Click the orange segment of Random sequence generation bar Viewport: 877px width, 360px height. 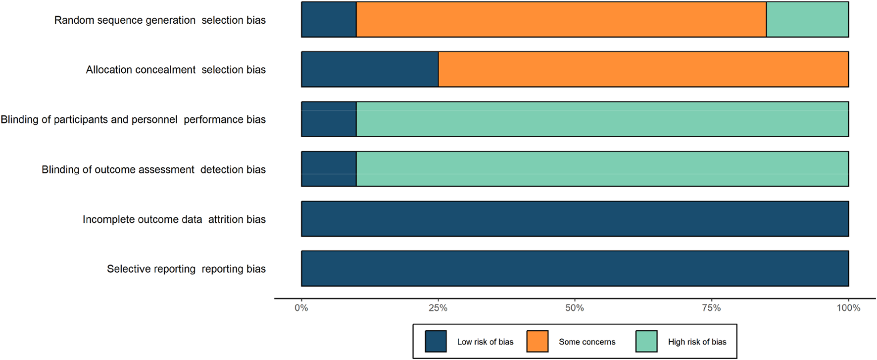coord(561,20)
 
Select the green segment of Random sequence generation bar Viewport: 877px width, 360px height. coord(807,20)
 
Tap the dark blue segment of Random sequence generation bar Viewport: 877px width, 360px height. coord(329,20)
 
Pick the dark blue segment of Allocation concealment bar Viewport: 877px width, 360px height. coord(370,69)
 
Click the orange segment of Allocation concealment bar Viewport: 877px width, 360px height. coord(643,69)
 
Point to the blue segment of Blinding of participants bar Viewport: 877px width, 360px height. coord(329,119)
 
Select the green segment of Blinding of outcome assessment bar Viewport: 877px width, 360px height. coord(602,169)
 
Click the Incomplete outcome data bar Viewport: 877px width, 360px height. coord(575,219)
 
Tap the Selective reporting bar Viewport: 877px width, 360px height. coord(575,268)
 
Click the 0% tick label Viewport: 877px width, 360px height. coord(301,308)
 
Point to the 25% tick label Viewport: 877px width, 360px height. coord(438,308)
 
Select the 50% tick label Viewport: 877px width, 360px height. coord(575,308)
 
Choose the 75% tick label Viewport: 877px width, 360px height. coord(711,308)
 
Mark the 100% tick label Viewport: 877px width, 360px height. coord(848,308)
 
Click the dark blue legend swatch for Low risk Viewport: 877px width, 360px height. coord(436,342)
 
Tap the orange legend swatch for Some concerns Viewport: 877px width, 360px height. coord(537,342)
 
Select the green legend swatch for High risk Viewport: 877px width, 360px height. coord(646,342)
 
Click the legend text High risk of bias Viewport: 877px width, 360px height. coord(697,342)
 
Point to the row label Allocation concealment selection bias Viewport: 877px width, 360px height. coord(176,70)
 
